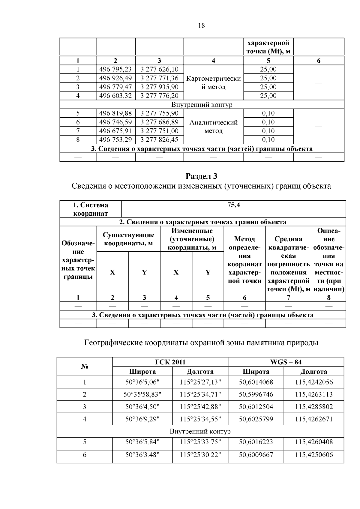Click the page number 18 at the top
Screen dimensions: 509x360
pyautogui.click(x=201, y=26)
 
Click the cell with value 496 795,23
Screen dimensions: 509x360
pyautogui.click(x=115, y=69)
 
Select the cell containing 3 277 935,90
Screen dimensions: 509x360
pyautogui.click(x=159, y=87)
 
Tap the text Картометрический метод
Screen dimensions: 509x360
pyautogui.click(x=213, y=82)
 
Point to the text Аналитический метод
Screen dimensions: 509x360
pyautogui.click(x=213, y=126)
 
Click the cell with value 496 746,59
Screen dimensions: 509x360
pyautogui.click(x=115, y=122)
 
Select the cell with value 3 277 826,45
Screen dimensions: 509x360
pyautogui.click(x=159, y=139)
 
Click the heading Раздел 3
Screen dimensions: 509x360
pyautogui.click(x=201, y=176)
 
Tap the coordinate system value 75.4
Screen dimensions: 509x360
pyautogui.click(x=234, y=205)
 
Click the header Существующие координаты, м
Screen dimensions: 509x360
pyautogui.click(x=128, y=239)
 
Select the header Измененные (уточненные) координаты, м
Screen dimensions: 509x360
pyautogui.click(x=192, y=239)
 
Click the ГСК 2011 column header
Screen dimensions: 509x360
pyautogui.click(x=170, y=362)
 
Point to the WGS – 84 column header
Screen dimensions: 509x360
pyautogui.click(x=286, y=362)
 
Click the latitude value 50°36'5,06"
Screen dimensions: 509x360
pyautogui.click(x=142, y=382)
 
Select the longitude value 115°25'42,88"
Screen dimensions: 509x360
pyautogui.click(x=200, y=407)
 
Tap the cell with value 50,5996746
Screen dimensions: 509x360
pyautogui.click(x=256, y=394)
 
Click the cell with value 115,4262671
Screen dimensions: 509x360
pyautogui.click(x=314, y=419)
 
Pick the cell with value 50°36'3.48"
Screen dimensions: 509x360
pyautogui.click(x=142, y=455)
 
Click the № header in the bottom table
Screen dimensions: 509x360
pyautogui.click(x=84, y=367)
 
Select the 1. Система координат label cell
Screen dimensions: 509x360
pyautogui.click(x=91, y=209)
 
